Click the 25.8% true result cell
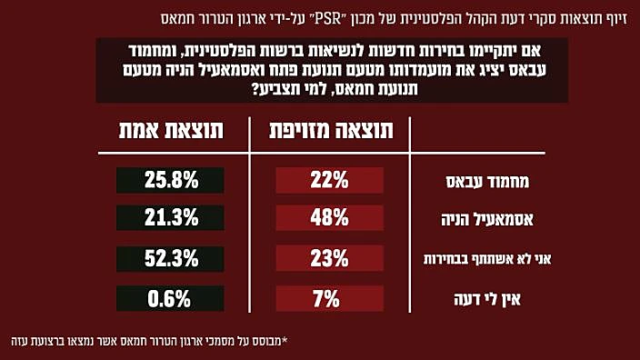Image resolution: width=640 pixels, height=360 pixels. [x=171, y=181]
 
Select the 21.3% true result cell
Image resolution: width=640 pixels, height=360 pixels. [x=171, y=218]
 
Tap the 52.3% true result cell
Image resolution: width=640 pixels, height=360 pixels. [x=171, y=258]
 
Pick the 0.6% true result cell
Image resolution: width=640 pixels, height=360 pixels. [x=171, y=297]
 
